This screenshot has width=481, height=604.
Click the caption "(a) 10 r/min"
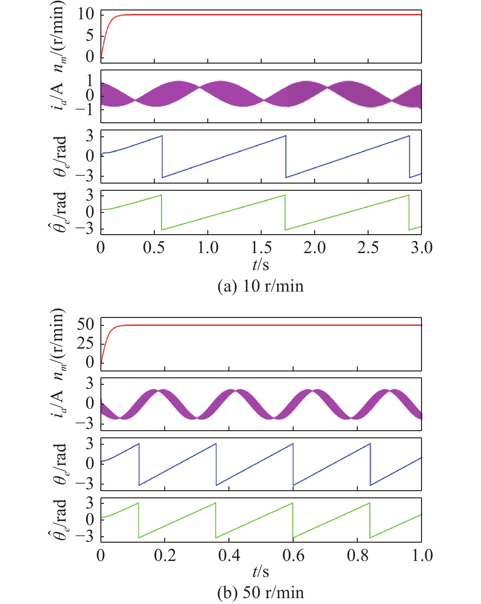[260, 286]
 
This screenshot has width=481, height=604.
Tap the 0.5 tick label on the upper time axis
[153, 248]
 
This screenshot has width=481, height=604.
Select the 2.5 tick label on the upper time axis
[368, 248]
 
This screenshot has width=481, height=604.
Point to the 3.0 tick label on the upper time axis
[421, 248]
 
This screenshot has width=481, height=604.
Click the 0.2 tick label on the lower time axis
[165, 555]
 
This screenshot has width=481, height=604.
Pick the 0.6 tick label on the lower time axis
[293, 555]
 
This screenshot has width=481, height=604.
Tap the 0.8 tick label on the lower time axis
[357, 555]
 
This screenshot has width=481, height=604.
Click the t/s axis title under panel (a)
[261, 264]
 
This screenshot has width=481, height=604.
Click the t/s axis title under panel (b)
[261, 572]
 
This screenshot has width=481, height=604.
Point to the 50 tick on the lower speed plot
[86, 325]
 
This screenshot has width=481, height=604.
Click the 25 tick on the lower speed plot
[86, 343]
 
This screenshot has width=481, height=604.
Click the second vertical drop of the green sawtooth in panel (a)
[285, 212]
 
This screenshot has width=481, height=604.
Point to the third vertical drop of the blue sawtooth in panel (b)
[293, 464]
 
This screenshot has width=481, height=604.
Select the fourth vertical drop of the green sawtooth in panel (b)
[370, 520]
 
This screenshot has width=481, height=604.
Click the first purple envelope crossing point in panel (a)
[135, 100]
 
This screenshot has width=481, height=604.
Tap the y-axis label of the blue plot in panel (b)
[60, 464]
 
